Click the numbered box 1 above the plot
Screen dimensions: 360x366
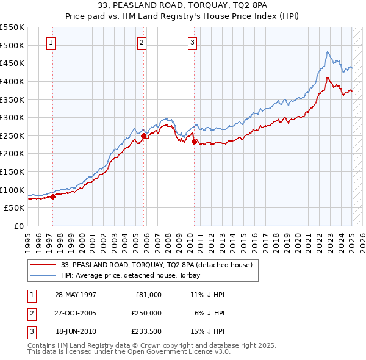50,42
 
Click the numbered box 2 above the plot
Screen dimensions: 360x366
141,42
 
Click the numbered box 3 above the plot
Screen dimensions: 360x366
192,42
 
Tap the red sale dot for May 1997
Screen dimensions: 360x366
52,196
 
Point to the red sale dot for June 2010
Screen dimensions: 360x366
195,142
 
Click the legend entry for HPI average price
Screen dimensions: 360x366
135,275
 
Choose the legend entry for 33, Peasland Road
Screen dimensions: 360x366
160,265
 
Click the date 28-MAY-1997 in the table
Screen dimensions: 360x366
76,294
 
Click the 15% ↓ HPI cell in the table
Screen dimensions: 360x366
207,332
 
